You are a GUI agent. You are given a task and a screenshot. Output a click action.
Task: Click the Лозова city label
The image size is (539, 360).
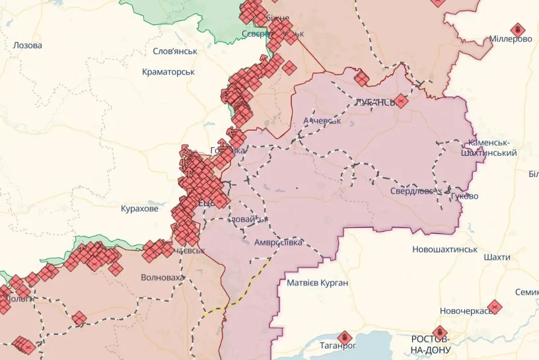pos(27,46)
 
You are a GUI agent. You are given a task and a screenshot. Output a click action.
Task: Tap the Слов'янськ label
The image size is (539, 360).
pos(174,52)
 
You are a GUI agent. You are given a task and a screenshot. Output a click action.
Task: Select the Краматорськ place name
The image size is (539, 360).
pos(168,71)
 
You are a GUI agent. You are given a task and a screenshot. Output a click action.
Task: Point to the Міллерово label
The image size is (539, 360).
pos(511,39)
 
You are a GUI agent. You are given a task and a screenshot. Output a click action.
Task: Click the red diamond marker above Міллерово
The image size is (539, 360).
pos(519,28)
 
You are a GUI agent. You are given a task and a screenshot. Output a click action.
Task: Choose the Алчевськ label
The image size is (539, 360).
pos(322,121)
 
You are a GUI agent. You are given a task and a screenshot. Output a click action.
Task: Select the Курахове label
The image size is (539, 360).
pos(139,209)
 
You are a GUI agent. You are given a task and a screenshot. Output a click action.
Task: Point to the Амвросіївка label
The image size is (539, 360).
pos(278,242)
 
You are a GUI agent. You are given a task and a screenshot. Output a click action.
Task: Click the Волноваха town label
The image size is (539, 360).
pos(162,277)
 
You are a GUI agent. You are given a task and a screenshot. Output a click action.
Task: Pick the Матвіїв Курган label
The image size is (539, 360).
pos(317,283)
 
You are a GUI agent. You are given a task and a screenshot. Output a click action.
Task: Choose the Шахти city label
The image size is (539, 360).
pos(496,256)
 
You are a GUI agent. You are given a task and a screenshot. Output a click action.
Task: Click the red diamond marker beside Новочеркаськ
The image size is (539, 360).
pos(495,306)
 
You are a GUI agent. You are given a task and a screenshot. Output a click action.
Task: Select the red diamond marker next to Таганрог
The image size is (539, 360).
pos(343,337)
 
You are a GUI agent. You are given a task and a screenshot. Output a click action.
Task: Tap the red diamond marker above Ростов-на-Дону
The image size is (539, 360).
pos(439,332)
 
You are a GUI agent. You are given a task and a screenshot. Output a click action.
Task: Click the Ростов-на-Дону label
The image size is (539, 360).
pos(430,343)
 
